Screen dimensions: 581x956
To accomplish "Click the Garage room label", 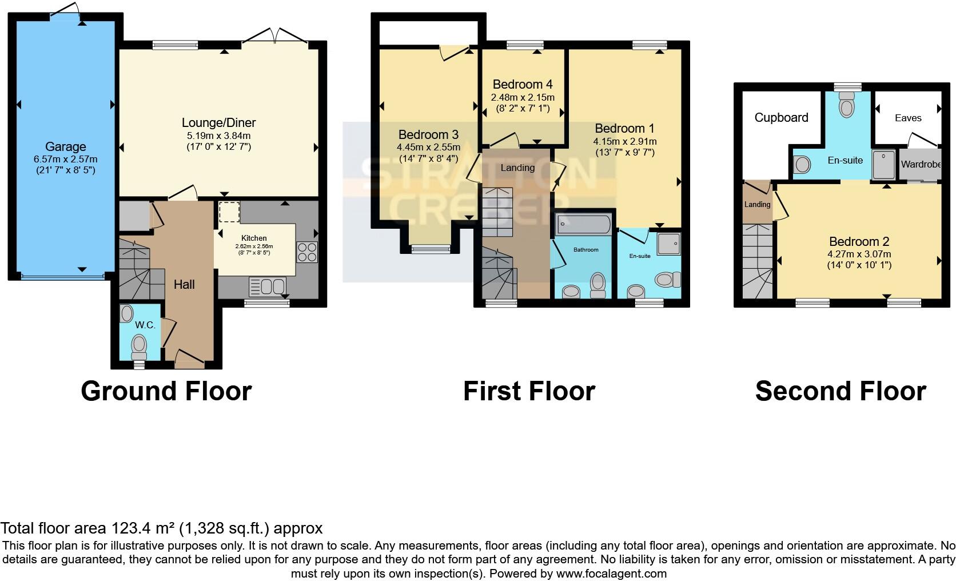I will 65,147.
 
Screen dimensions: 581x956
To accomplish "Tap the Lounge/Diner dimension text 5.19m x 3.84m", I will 218,136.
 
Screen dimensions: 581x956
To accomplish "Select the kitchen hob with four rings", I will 307,253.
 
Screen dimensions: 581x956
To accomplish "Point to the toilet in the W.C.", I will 139,345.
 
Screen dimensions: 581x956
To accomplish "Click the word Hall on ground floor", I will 184,284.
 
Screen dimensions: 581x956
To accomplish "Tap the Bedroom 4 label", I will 522,85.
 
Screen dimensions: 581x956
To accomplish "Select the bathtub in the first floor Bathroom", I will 583,224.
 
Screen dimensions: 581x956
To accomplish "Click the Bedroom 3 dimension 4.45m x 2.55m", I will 428,147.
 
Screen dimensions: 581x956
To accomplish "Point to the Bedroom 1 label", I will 624,128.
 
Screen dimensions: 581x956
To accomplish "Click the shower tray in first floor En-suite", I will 668,244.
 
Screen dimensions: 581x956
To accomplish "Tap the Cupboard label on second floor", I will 781,117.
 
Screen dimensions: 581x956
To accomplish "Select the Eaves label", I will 908,118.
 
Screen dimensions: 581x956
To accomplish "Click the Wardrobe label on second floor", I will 921,164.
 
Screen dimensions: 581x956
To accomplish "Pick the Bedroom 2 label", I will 859,241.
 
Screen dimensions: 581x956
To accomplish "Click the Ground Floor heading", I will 166,391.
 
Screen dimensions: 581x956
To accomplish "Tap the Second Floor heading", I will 840,391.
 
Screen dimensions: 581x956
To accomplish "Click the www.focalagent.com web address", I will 611,573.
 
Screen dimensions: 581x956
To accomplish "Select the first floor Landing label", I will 517,168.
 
